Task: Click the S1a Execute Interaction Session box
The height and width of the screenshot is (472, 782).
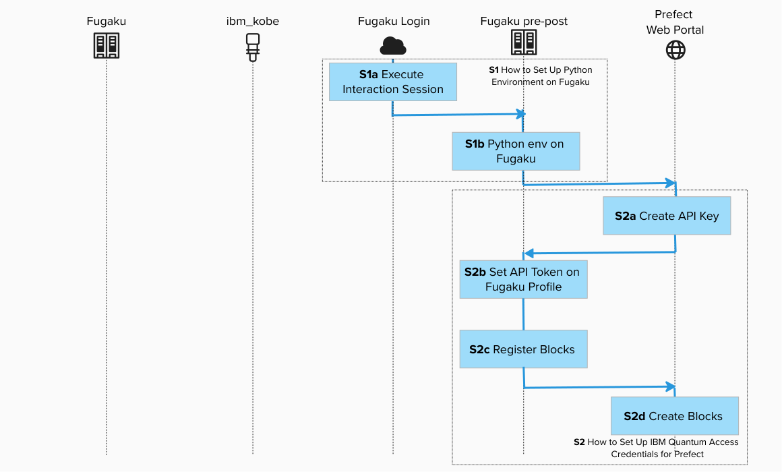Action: tap(393, 82)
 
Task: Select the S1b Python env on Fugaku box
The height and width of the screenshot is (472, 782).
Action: tap(516, 151)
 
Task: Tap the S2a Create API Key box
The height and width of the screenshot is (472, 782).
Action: tap(667, 216)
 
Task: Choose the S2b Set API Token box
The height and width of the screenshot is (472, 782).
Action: tap(523, 279)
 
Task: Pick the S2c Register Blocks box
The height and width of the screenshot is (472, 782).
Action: tap(523, 349)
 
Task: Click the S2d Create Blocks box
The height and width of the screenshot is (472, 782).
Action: tap(674, 416)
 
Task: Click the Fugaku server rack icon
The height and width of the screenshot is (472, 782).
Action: tap(107, 46)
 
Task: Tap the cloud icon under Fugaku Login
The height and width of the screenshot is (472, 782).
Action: tap(393, 46)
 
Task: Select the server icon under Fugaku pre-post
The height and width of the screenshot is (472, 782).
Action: tap(524, 43)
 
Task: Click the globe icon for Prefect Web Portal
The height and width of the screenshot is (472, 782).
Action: tap(675, 49)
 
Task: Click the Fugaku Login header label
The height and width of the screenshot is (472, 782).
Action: tap(393, 22)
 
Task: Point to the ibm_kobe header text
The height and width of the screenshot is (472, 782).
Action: tap(253, 22)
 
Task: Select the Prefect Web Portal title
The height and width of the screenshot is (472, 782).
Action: tap(675, 22)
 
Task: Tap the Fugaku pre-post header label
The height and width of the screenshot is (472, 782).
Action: tap(524, 22)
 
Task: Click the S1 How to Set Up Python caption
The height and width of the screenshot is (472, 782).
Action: tap(541, 76)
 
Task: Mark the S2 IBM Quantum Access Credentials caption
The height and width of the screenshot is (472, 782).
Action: tap(656, 448)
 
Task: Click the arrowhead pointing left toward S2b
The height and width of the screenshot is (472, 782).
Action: tap(529, 254)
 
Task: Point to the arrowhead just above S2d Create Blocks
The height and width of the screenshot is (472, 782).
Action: tap(670, 386)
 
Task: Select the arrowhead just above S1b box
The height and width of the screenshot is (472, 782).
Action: tap(520, 113)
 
